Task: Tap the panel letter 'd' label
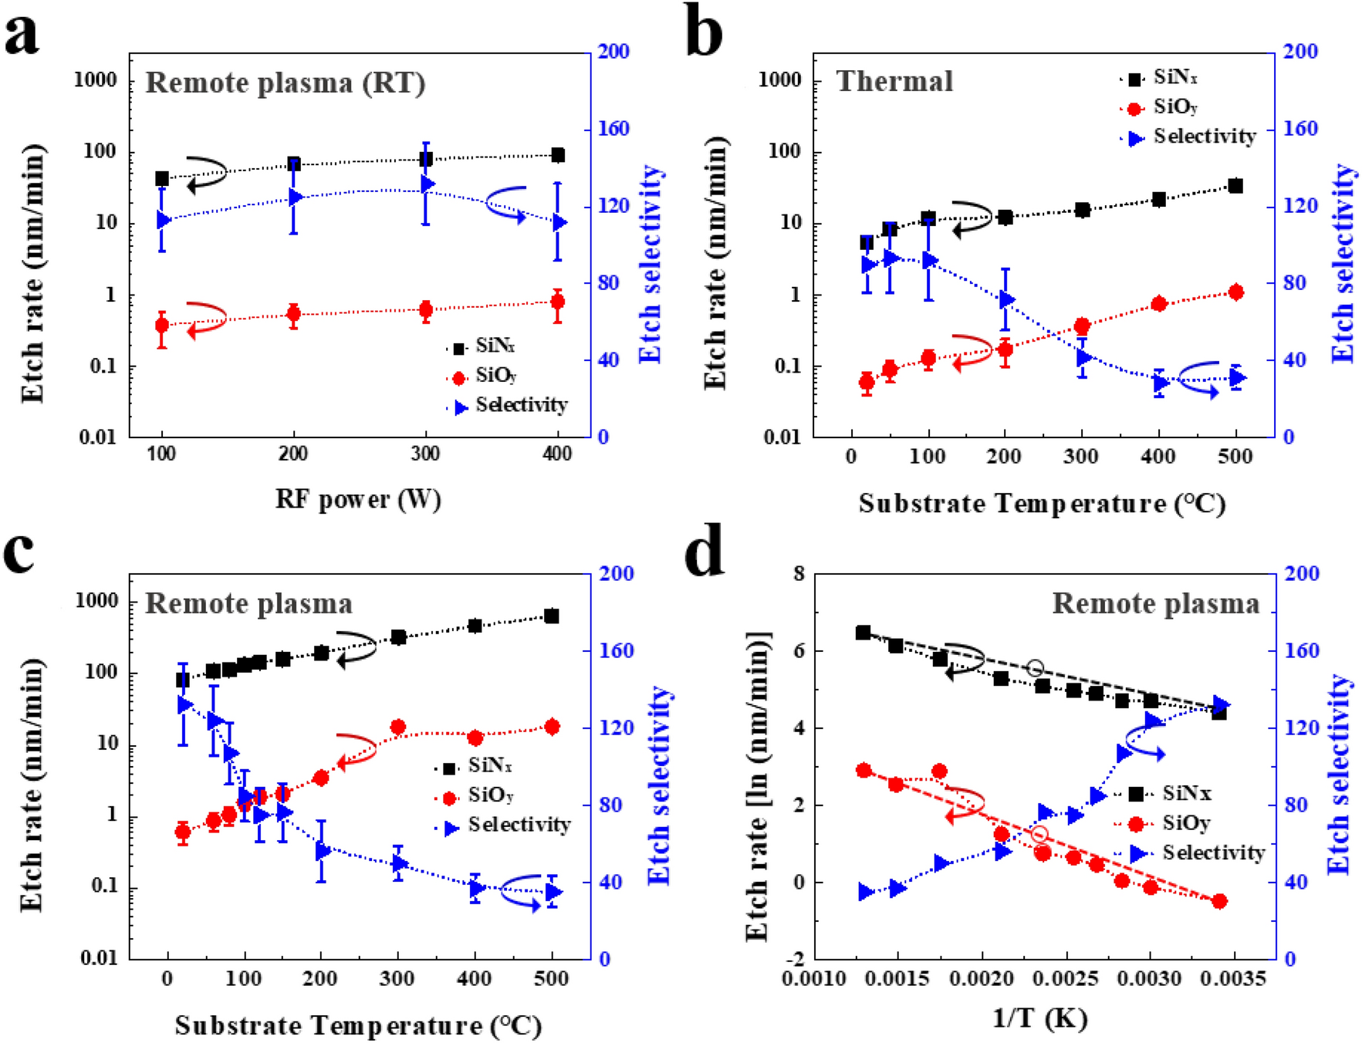point(705,552)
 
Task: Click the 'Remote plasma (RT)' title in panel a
point(286,83)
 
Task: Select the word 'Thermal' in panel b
point(894,81)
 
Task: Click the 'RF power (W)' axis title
point(358,500)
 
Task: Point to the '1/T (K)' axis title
point(1039,1018)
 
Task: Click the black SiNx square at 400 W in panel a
point(558,155)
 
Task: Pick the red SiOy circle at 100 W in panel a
point(162,325)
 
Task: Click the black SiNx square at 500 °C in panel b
point(1235,186)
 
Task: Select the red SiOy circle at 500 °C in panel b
point(1235,292)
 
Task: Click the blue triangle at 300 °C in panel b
point(1083,357)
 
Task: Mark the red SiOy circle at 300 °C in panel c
point(398,727)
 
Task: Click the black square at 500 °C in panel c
point(551,616)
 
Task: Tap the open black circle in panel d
point(1036,668)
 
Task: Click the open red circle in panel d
point(1039,834)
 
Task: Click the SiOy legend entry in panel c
point(490,795)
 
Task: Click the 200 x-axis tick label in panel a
point(293,454)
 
